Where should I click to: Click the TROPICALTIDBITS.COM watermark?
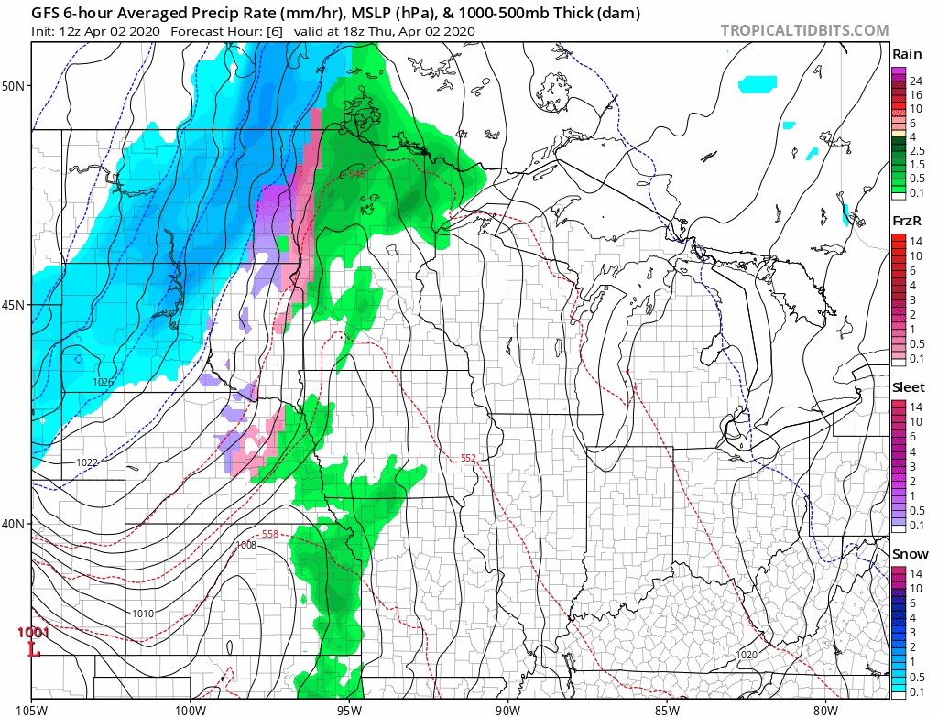pos(804,30)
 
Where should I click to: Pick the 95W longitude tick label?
pos(349,707)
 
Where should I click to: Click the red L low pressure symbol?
pos(34,651)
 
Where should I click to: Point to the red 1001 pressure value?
pos(33,633)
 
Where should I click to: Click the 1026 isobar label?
pos(103,381)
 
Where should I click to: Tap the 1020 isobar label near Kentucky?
pos(747,655)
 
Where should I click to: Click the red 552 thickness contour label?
pos(468,457)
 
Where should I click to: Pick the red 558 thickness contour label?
pos(269,534)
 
